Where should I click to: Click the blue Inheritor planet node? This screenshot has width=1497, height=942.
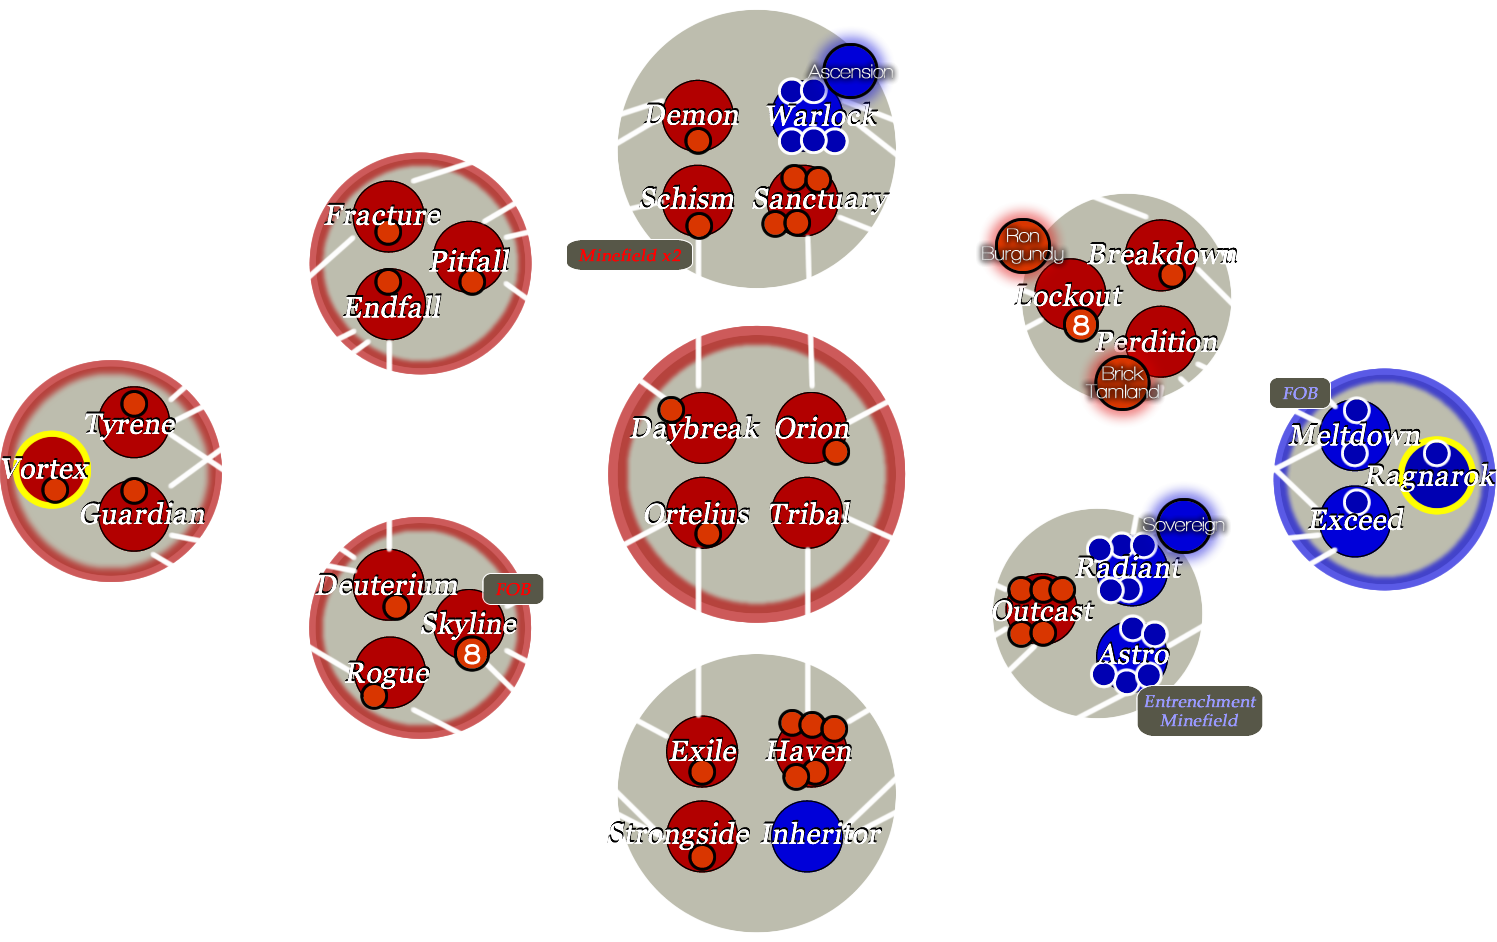(x=807, y=836)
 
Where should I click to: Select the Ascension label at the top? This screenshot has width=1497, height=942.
(x=851, y=72)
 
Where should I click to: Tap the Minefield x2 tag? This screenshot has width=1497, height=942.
(x=629, y=256)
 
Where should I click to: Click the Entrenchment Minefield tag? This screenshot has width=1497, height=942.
(x=1199, y=711)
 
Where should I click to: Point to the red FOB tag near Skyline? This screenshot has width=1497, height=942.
(x=513, y=589)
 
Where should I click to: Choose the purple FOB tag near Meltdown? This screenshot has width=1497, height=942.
(x=1299, y=393)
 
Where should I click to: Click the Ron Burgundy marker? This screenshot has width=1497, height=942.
(x=1022, y=245)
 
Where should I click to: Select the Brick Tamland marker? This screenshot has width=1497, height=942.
(x=1123, y=382)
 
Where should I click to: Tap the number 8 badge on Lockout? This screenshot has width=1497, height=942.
(x=1080, y=325)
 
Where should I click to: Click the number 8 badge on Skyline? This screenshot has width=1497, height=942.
(x=472, y=654)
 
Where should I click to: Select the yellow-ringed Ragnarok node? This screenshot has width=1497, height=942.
(x=1435, y=475)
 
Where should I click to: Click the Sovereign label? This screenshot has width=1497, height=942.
(x=1184, y=525)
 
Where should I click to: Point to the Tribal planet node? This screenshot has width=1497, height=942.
(x=808, y=514)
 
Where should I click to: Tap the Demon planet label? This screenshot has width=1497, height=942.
(x=692, y=115)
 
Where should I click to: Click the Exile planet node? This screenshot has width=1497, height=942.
(x=702, y=751)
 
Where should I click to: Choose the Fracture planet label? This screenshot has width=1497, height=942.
(x=383, y=215)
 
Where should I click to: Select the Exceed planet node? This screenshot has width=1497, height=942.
(x=1355, y=520)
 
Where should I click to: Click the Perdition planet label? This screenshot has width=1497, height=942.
(x=1157, y=342)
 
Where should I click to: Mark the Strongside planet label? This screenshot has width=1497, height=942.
(x=679, y=833)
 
